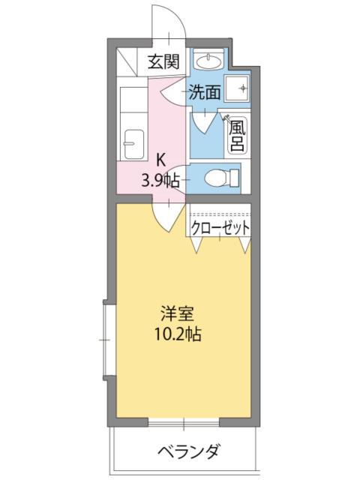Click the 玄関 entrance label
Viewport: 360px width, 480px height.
tap(163, 61)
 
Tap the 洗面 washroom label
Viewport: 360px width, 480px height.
tap(204, 93)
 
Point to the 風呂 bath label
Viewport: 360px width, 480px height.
tap(237, 135)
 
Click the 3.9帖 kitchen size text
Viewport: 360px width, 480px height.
tap(160, 179)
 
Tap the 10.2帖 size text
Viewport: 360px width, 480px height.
tap(178, 333)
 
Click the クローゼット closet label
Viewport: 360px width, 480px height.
tap(220, 226)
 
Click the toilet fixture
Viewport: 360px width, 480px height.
tap(221, 178)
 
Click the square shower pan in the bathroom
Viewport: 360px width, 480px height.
tap(241, 89)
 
